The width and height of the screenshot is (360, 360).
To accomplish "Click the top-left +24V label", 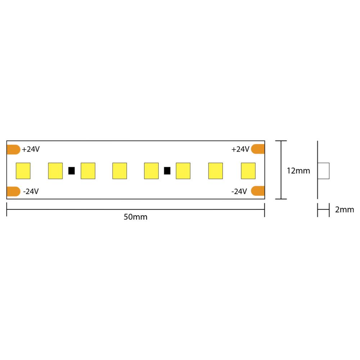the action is tap(31, 149).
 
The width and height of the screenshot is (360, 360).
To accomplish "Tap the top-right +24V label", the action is tap(240, 149).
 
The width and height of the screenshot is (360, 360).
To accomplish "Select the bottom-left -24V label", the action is tap(31, 191).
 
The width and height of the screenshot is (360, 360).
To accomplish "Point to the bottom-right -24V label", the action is tap(239, 191).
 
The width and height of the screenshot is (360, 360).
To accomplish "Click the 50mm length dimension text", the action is tap(135, 217).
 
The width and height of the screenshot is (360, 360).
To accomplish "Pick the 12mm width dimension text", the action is tap(298, 171).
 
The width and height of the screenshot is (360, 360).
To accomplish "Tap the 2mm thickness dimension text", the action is tap(345, 210).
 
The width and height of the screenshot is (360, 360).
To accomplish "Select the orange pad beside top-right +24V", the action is tap(258, 149).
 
